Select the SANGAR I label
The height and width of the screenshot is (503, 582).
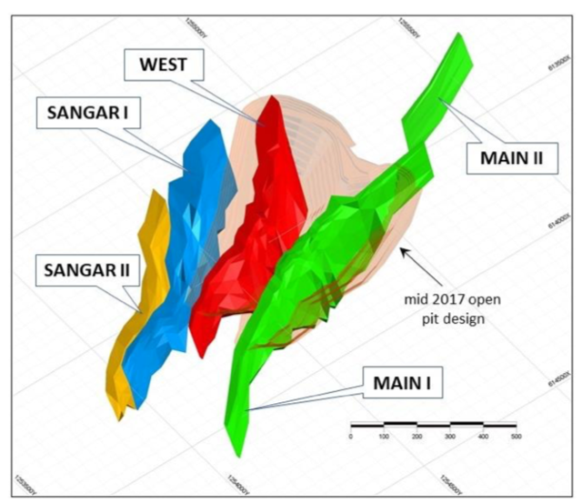click(x=80, y=112)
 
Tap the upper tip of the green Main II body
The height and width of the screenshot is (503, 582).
click(x=462, y=40)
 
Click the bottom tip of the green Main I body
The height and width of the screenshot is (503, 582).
click(x=236, y=451)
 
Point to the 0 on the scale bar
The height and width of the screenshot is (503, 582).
click(x=350, y=438)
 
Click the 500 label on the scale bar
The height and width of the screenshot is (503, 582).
click(x=515, y=438)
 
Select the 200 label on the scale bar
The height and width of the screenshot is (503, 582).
click(x=416, y=438)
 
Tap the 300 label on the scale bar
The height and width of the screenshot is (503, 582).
click(x=449, y=438)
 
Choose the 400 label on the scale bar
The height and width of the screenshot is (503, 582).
click(x=482, y=438)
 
